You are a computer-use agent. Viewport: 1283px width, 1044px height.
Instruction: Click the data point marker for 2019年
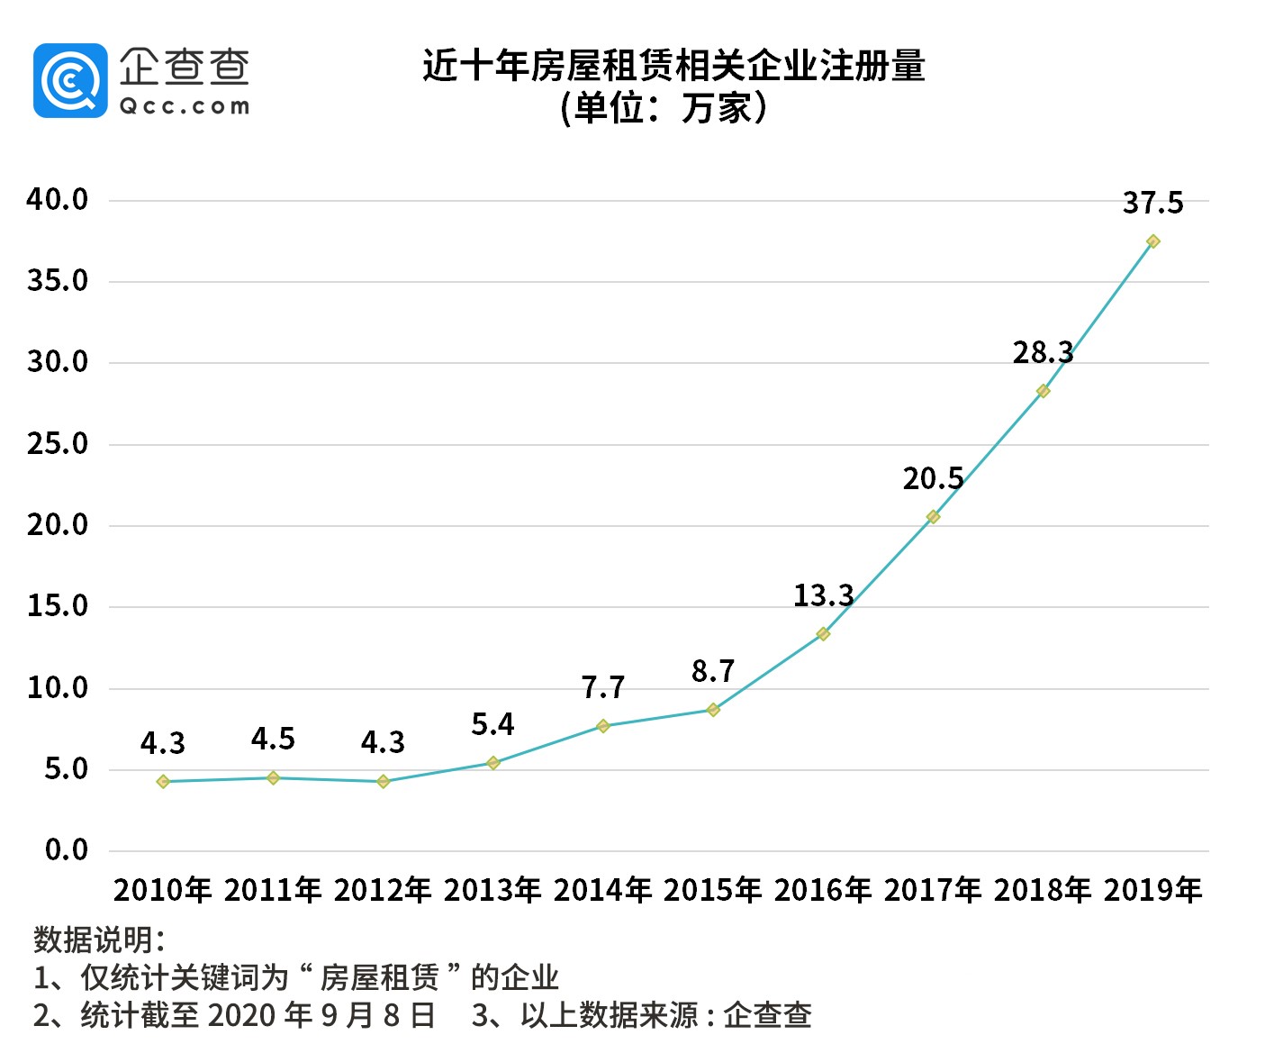(x=1152, y=241)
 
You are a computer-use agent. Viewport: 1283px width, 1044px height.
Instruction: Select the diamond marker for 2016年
(x=823, y=634)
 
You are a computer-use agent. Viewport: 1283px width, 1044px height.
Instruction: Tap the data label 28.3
(x=1043, y=353)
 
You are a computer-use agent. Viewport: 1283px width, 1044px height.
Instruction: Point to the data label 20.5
(x=933, y=479)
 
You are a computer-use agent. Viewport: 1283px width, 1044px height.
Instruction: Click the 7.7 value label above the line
(x=602, y=688)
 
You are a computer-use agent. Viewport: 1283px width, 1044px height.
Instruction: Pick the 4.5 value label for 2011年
(x=273, y=740)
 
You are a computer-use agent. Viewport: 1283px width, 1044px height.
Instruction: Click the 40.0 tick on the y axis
(x=58, y=200)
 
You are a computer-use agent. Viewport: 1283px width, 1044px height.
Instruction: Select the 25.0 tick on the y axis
(x=58, y=444)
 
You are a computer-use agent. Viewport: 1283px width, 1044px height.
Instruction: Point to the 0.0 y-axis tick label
(x=67, y=850)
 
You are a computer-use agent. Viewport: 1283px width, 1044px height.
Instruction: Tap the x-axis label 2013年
(x=492, y=890)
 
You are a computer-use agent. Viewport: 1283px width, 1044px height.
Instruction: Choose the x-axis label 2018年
(x=1043, y=890)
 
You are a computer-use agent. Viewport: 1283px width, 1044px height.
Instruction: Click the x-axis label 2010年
(x=163, y=890)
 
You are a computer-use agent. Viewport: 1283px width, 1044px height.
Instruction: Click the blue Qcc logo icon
(x=70, y=81)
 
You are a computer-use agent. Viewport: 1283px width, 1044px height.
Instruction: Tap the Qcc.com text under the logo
(x=185, y=106)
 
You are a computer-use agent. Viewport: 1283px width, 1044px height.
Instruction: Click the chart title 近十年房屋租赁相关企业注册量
(x=673, y=67)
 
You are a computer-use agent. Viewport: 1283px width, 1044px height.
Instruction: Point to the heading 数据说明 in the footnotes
(x=99, y=940)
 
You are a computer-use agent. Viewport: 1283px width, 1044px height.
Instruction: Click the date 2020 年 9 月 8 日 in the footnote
(x=321, y=1015)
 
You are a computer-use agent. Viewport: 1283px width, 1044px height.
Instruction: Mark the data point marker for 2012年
(x=383, y=782)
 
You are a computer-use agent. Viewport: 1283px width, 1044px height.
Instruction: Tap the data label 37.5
(x=1152, y=204)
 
